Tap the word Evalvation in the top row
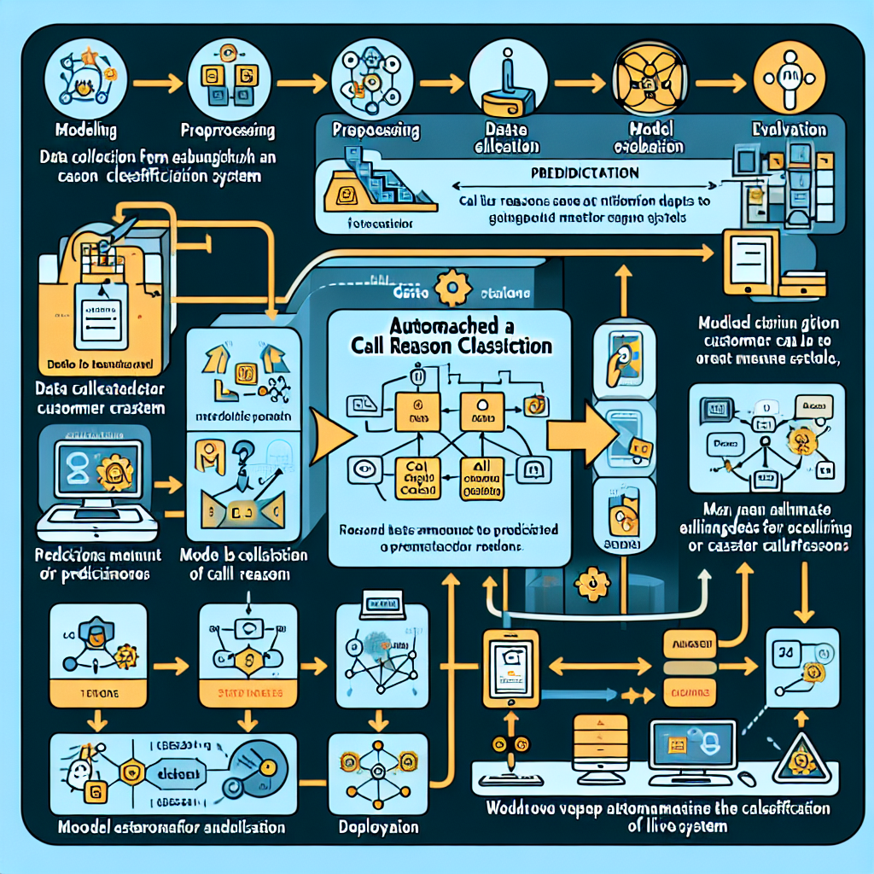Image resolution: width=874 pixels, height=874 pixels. coord(789,130)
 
